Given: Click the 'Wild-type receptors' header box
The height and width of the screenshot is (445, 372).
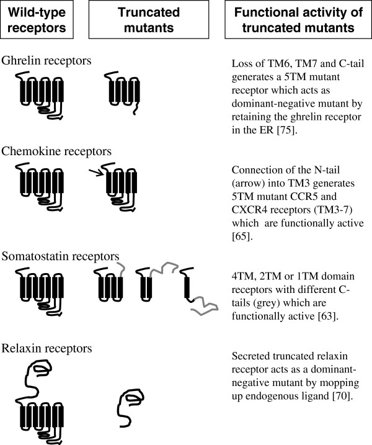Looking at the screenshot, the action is point(37,20).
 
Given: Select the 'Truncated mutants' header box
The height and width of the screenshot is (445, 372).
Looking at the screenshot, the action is point(149,20).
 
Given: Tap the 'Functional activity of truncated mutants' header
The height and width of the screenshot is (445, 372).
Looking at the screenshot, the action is point(298,20).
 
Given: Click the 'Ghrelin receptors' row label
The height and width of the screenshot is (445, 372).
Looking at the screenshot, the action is point(46,60).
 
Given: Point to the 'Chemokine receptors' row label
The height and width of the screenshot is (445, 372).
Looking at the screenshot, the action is point(56,151).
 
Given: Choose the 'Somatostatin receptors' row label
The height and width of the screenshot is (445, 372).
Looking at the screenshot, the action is point(60,256).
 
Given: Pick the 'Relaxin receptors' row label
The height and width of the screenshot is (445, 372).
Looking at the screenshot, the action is point(46,348).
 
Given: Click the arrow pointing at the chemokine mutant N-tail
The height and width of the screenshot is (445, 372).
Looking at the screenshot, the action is point(96,173).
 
